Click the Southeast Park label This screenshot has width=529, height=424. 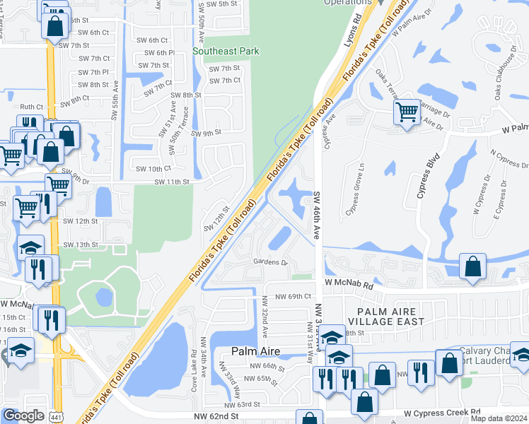click(226, 51)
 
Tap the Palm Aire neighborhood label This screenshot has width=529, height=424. click(255, 351)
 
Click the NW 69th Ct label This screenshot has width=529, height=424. click(293, 297)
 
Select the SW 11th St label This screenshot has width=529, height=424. click(172, 182)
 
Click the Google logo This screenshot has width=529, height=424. click(23, 415)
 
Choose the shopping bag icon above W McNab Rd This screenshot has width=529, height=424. click(473, 266)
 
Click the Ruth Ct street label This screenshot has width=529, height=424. click(32, 107)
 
